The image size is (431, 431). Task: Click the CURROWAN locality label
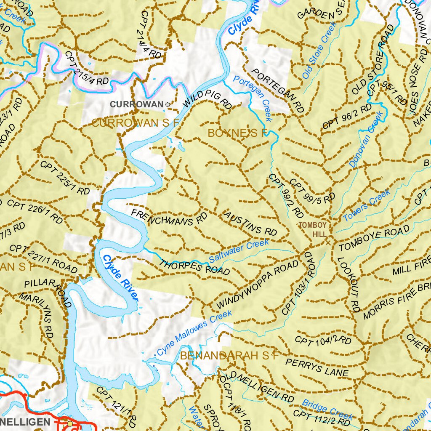click(137, 104)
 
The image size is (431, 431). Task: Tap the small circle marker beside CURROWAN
click(168, 104)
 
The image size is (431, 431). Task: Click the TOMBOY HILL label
click(313, 229)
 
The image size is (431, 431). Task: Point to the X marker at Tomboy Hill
click(328, 242)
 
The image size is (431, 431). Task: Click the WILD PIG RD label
click(208, 101)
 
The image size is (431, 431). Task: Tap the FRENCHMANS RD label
click(169, 218)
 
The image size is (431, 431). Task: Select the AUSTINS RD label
click(250, 224)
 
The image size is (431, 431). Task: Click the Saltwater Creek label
click(239, 251)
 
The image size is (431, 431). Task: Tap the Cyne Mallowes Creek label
click(194, 333)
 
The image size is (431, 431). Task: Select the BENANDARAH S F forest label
click(229, 356)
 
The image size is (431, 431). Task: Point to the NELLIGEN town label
click(25, 421)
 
